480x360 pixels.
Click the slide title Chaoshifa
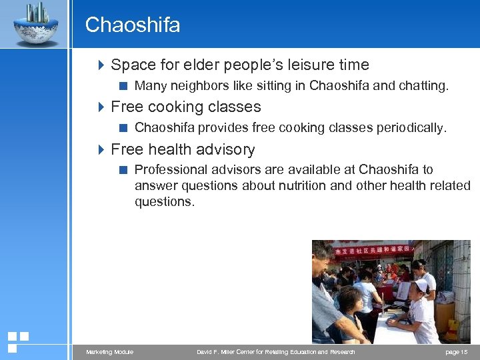point(133,25)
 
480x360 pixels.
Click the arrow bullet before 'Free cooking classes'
point(101,107)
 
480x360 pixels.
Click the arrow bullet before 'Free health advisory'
point(101,149)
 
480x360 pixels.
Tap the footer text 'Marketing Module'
point(109,352)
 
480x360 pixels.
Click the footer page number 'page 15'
point(457,352)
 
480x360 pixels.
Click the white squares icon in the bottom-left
point(17,341)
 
